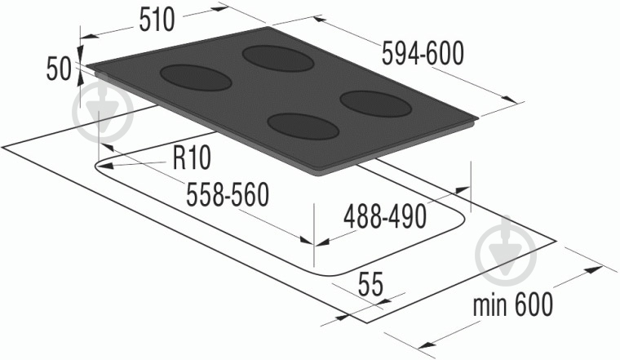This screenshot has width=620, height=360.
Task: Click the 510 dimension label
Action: tap(157, 20)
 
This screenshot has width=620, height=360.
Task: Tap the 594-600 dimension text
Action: tap(423, 53)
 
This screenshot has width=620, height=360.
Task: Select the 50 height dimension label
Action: tap(59, 69)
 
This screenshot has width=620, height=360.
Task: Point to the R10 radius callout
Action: tap(193, 158)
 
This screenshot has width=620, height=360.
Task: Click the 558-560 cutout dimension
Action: tap(228, 194)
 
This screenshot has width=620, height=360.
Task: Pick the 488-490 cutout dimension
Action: tap(385, 217)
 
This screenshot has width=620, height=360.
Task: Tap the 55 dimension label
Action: tap(370, 285)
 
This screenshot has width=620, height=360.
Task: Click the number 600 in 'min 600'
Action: tap(534, 304)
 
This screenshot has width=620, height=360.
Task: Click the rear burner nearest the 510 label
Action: tap(278, 59)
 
